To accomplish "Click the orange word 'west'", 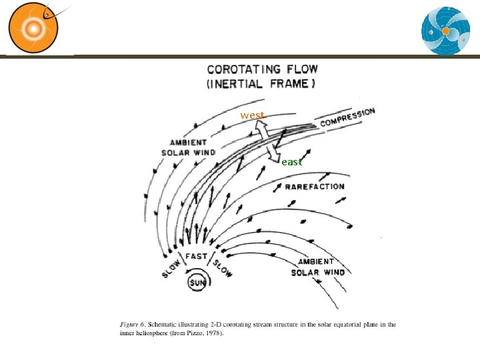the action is pyautogui.click(x=252, y=116).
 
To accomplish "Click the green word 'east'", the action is pyautogui.click(x=292, y=162).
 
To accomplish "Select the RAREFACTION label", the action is pyautogui.click(x=315, y=187).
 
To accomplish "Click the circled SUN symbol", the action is pyautogui.click(x=197, y=283).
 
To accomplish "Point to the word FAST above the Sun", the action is pyautogui.click(x=196, y=256).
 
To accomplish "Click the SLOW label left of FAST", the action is pyautogui.click(x=171, y=269).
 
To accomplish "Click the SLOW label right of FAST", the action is pyautogui.click(x=223, y=268).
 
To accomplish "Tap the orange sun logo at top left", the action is pyautogui.click(x=33, y=28).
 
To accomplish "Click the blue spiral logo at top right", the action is pyautogui.click(x=445, y=31).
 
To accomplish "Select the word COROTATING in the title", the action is pyautogui.click(x=244, y=69).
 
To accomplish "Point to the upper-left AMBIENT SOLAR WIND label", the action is pyautogui.click(x=188, y=147).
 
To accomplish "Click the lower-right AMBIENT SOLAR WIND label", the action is pyautogui.click(x=318, y=267).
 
